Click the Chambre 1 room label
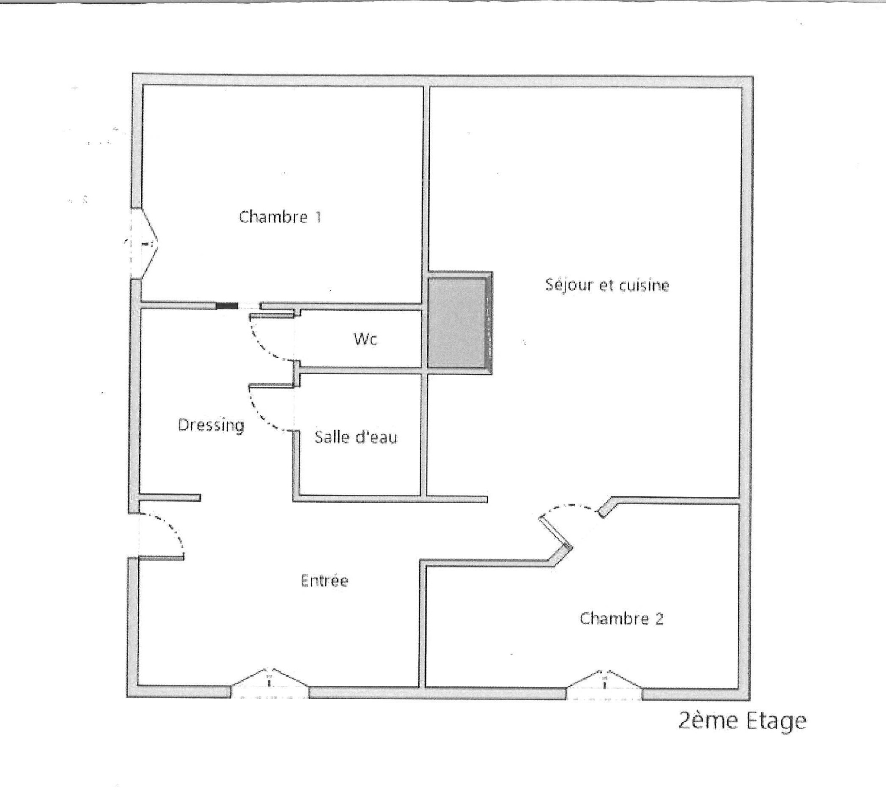[280, 217]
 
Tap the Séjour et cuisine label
[607, 285]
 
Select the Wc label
[366, 339]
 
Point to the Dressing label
[211, 425]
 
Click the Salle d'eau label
[356, 437]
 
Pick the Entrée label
[324, 580]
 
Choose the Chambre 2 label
[621, 619]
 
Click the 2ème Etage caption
[742, 721]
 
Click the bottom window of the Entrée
[269, 684]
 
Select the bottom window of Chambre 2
[604, 685]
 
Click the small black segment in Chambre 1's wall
[227, 306]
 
